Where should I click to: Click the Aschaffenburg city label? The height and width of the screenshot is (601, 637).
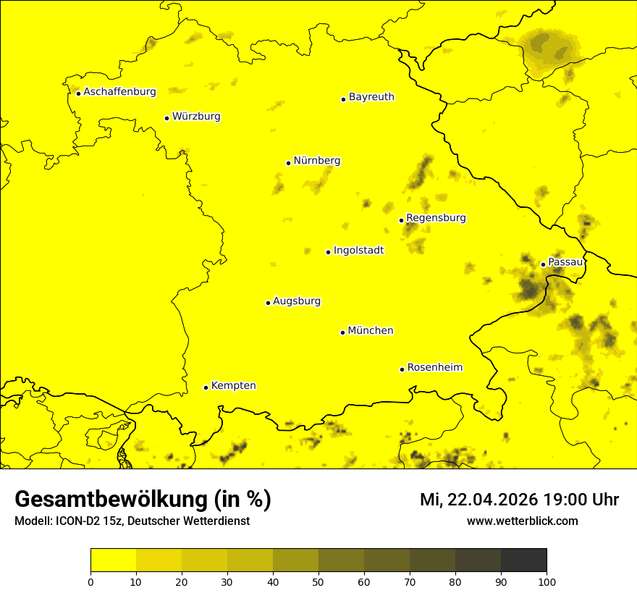(119, 92)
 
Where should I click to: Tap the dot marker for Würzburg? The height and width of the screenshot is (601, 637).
(166, 118)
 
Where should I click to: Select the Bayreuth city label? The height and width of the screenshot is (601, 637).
(371, 97)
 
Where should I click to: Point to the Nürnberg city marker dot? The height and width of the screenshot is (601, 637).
(288, 163)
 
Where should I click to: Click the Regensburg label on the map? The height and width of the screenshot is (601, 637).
(436, 218)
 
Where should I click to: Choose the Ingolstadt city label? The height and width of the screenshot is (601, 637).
(358, 251)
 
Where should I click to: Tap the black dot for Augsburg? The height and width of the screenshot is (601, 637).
(268, 303)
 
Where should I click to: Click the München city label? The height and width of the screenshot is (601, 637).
(371, 331)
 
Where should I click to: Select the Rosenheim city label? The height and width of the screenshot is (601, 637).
(434, 368)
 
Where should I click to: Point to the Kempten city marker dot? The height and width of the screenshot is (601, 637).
(206, 387)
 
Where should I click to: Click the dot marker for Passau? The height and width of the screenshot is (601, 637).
(543, 264)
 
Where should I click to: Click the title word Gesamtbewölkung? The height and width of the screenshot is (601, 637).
(111, 500)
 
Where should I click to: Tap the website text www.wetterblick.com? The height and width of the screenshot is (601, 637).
(522, 521)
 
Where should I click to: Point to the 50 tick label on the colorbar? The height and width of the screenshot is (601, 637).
(318, 581)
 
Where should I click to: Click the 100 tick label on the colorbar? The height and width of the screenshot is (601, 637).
(547, 581)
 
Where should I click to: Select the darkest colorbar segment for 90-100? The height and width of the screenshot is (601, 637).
(523, 560)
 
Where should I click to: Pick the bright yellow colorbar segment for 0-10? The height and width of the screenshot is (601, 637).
(113, 560)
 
